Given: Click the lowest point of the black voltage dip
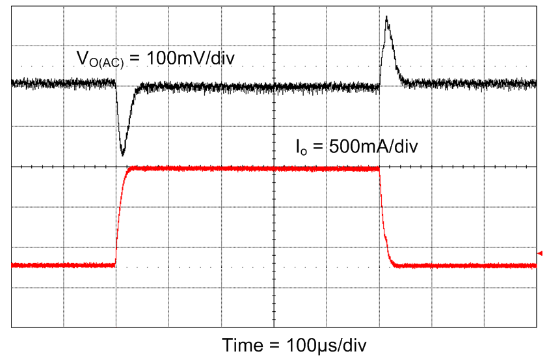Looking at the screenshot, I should click(x=123, y=154).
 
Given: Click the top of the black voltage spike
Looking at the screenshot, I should click(x=387, y=17).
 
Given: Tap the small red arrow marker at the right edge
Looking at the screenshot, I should click(x=539, y=253).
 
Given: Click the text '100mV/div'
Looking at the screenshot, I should click(x=191, y=58).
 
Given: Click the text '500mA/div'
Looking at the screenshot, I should click(x=372, y=146).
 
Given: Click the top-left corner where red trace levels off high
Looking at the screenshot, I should click(x=133, y=169).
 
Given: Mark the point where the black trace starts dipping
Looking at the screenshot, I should click(x=116, y=83).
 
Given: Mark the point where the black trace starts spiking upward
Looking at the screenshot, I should click(x=380, y=83).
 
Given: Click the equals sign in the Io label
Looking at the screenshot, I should click(x=315, y=146).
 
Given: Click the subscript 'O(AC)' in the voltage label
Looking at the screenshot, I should click(x=109, y=62).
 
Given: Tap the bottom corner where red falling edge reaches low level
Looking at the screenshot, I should click(x=397, y=265).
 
